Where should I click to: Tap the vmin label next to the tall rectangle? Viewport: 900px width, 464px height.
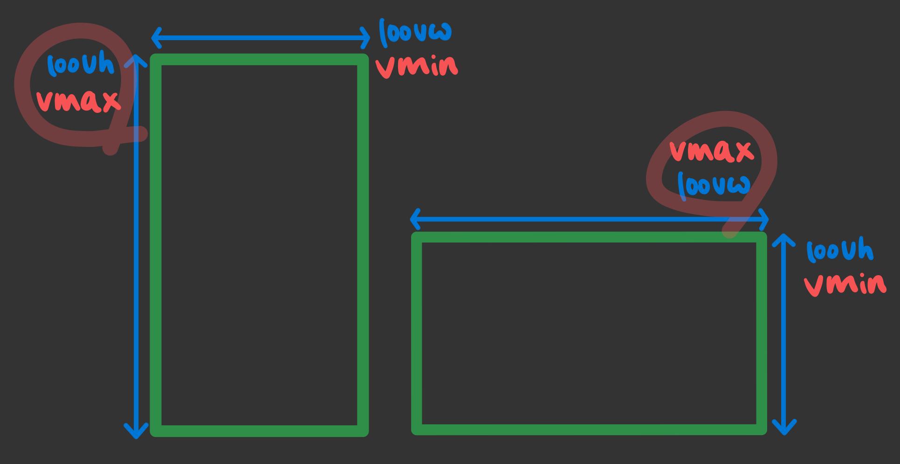[x=416, y=67]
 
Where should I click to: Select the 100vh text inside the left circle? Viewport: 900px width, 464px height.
[x=81, y=64]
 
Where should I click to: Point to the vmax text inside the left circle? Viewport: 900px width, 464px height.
[x=78, y=100]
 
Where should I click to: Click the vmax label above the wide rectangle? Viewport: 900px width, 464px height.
[x=711, y=151]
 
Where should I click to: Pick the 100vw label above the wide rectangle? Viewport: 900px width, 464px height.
[x=714, y=185]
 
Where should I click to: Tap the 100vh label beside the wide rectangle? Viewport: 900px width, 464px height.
[x=839, y=250]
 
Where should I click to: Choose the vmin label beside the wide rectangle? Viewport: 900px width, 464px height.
[x=845, y=284]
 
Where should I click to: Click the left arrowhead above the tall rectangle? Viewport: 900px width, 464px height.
[x=156, y=38]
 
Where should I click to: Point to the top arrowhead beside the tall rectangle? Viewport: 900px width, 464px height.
[x=136, y=59]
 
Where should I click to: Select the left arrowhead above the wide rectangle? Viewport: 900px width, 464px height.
[x=414, y=219]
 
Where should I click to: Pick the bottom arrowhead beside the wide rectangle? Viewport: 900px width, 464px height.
[x=784, y=430]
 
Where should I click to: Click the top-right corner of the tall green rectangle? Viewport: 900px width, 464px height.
[x=363, y=60]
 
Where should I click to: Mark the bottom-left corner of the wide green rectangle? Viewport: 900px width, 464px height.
[x=417, y=429]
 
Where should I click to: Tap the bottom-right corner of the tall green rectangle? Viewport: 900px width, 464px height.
[x=363, y=431]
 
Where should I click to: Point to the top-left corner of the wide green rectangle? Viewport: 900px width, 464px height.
[x=417, y=237]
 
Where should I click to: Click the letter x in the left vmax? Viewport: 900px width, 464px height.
[x=111, y=101]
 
